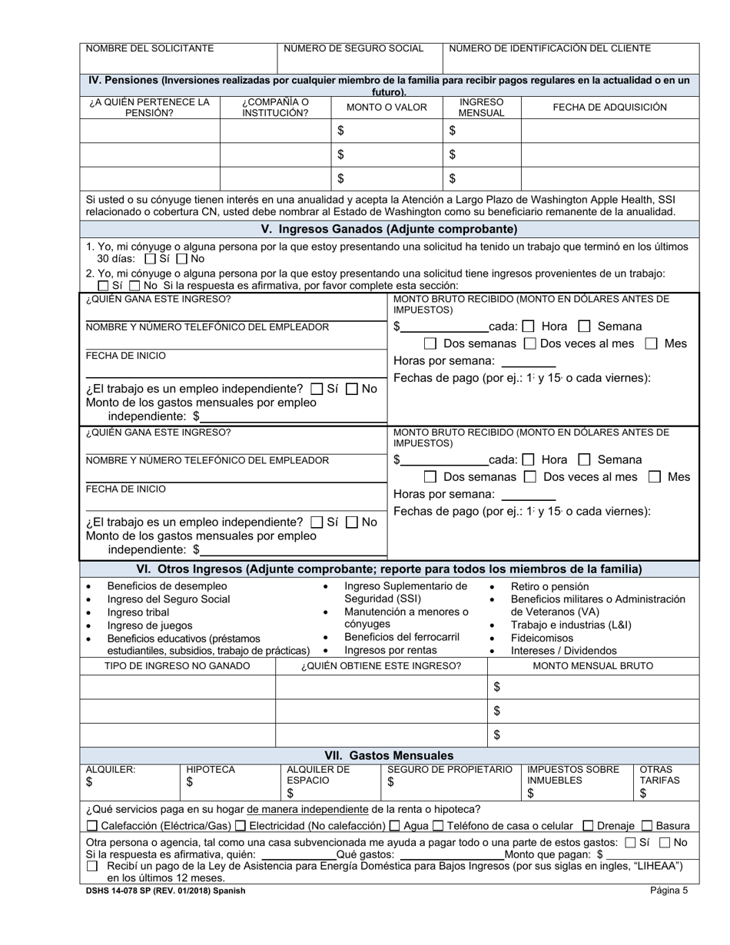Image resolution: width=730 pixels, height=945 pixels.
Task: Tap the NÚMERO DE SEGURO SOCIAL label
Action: pyautogui.click(x=353, y=48)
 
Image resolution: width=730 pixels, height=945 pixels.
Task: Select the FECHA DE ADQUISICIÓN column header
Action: pyautogui.click(x=609, y=108)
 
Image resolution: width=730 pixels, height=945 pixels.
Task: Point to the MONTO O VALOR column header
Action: pyautogui.click(x=387, y=108)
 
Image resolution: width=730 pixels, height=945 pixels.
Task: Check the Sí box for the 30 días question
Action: pyautogui.click(x=151, y=260)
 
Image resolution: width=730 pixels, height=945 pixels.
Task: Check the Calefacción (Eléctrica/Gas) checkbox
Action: pyautogui.click(x=92, y=826)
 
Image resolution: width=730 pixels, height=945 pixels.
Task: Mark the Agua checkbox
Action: pyautogui.click(x=395, y=826)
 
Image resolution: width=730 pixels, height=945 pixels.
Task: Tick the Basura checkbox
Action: pyautogui.click(x=646, y=826)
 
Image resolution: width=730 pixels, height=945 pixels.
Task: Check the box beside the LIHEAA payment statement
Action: pyautogui.click(x=92, y=866)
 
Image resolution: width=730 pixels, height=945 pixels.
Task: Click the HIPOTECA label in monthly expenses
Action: pyautogui.click(x=211, y=769)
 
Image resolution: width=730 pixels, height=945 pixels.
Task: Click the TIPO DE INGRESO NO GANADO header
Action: pyautogui.click(x=177, y=665)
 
